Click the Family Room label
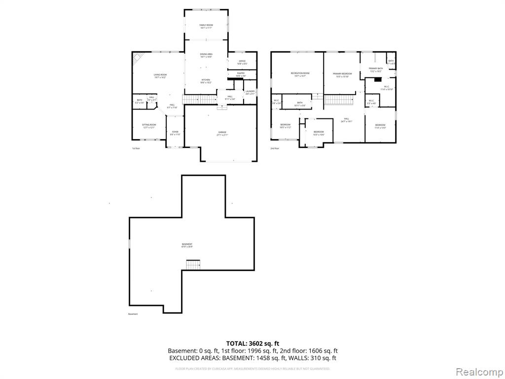coord(206,26)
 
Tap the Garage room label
coord(222,133)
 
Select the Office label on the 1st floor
coord(242,62)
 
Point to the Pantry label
coord(241,74)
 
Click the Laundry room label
coord(250,92)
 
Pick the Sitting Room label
coord(149,126)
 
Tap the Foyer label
coord(175,133)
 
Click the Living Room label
coord(160,76)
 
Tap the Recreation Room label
coord(300,75)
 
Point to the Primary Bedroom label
coord(342,75)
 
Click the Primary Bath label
coord(376,70)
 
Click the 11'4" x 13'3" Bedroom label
coord(380,126)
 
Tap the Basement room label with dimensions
coord(187,245)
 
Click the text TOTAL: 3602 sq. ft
coord(252,343)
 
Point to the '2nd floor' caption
coord(275,148)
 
